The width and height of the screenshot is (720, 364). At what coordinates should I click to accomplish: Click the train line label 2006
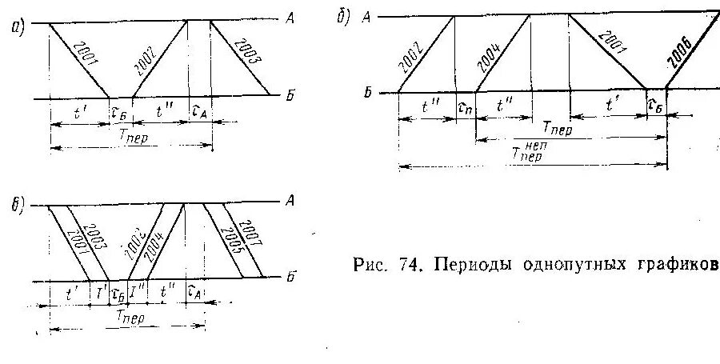pyautogui.click(x=679, y=54)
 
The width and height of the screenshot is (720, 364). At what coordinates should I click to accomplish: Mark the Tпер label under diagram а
pyautogui.click(x=132, y=137)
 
